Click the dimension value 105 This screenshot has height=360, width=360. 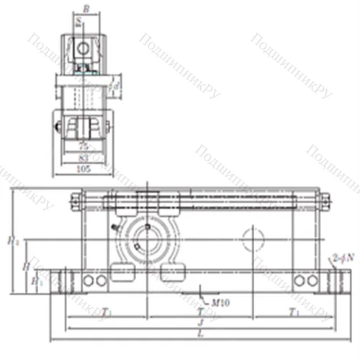[x=85, y=169]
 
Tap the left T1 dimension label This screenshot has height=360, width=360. [x=107, y=312]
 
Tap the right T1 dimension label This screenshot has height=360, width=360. [x=293, y=312]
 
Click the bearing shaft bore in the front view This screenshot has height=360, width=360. [x=148, y=243]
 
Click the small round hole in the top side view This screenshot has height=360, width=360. [x=85, y=49]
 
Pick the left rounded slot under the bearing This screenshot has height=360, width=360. [x=122, y=273]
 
